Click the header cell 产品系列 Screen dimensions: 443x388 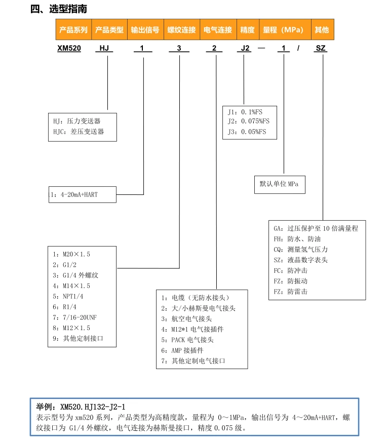pos(73,30)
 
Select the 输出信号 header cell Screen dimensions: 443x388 pos(145,30)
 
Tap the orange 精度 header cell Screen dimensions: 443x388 pos(247,30)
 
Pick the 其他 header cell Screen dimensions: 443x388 pos(322,30)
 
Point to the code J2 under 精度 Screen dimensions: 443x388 pos(245,49)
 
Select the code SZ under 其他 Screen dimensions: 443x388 pos(321,49)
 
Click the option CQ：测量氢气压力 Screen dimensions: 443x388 pos(300,249)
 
